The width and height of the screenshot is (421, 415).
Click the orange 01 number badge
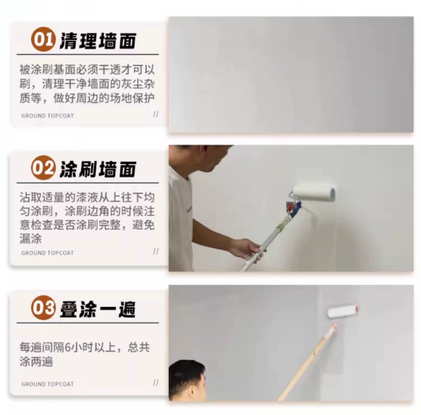pos(44,39)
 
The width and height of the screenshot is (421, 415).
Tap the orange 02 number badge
pos(44,168)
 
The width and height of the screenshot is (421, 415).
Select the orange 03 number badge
pos(44,308)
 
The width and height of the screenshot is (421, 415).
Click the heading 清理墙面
pos(98,41)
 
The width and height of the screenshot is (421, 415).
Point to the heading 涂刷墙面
pos(98,170)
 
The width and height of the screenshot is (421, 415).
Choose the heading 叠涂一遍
pos(97,309)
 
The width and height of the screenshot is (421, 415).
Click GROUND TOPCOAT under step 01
pos(47,116)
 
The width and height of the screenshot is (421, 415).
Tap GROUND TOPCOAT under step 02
pos(47,253)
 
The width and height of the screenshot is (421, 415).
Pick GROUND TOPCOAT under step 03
pos(47,384)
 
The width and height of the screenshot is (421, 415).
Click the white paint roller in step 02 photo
pos(314,192)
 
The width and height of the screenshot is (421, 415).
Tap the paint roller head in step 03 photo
pos(343,312)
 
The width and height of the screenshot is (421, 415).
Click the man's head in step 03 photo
pos(187,380)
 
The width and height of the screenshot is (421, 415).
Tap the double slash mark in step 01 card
pos(156,114)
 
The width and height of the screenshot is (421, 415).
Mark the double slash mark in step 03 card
pos(156,383)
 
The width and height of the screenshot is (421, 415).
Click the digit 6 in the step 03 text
pos(68,348)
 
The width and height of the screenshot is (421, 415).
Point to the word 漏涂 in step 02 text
pos(30,239)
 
